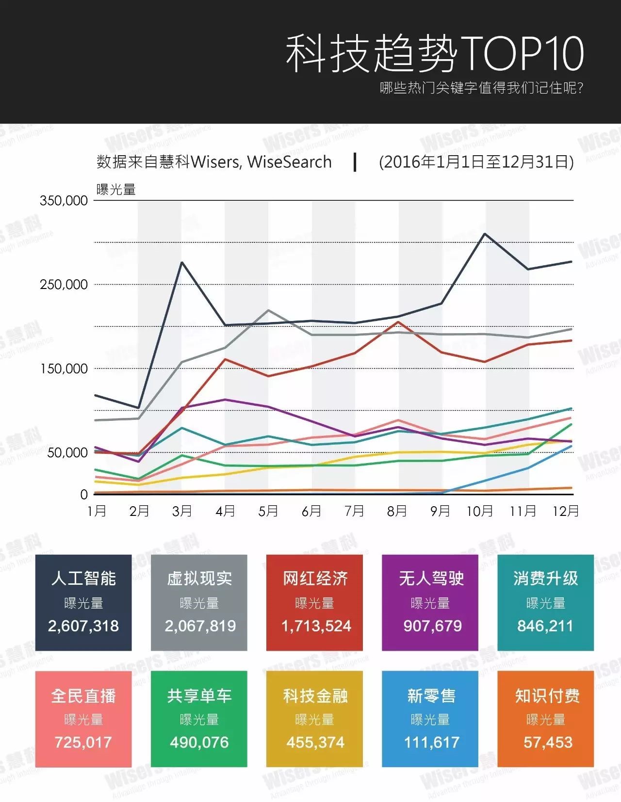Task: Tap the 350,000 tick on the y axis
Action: click(64, 201)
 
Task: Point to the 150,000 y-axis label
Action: click(64, 369)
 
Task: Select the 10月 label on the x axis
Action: click(479, 511)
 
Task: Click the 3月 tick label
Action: click(182, 511)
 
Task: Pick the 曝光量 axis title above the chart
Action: click(116, 190)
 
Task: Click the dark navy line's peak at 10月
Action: click(484, 234)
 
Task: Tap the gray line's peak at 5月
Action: click(268, 310)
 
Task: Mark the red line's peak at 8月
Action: click(398, 322)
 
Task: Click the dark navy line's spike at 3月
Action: click(181, 262)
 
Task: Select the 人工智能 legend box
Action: click(83, 602)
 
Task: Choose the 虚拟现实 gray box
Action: click(199, 602)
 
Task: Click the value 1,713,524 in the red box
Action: click(316, 626)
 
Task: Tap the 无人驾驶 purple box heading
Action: click(431, 578)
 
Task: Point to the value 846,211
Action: click(545, 626)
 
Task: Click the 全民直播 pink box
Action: click(83, 719)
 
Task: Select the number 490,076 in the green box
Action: click(199, 742)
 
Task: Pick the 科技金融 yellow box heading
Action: click(315, 696)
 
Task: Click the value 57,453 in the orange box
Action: click(548, 742)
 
